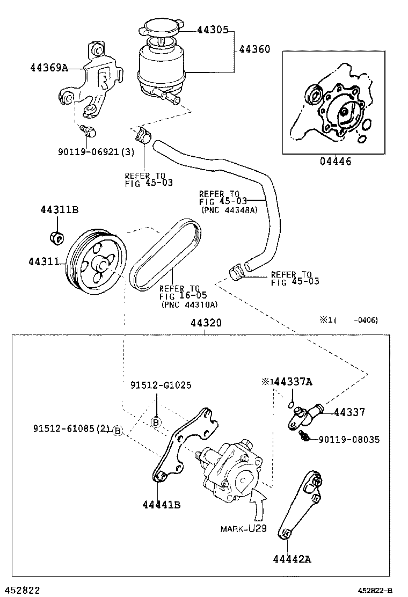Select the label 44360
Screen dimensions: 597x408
[254, 49]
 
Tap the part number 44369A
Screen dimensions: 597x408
[49, 68]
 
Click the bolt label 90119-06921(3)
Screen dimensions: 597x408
[97, 152]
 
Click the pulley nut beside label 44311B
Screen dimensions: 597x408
[56, 236]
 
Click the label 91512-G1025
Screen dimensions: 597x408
[161, 385]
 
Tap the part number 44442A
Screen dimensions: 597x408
[292, 559]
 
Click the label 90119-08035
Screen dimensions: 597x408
[349, 439]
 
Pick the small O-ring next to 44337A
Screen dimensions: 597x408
[290, 404]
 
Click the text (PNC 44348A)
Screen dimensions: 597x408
[230, 210]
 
